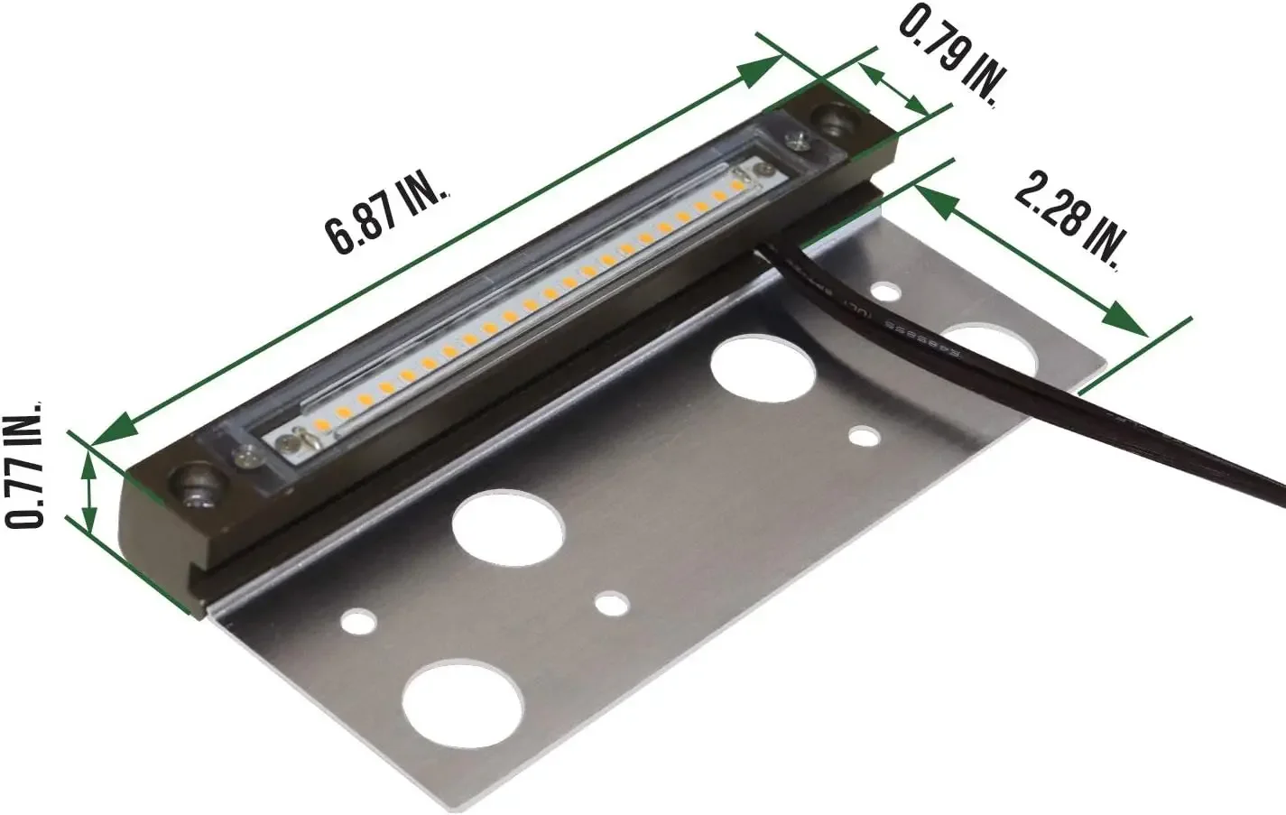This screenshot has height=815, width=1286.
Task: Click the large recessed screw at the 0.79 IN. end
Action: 831,118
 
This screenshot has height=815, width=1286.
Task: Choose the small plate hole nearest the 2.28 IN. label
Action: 886,292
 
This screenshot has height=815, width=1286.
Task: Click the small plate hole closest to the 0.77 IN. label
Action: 358,621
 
